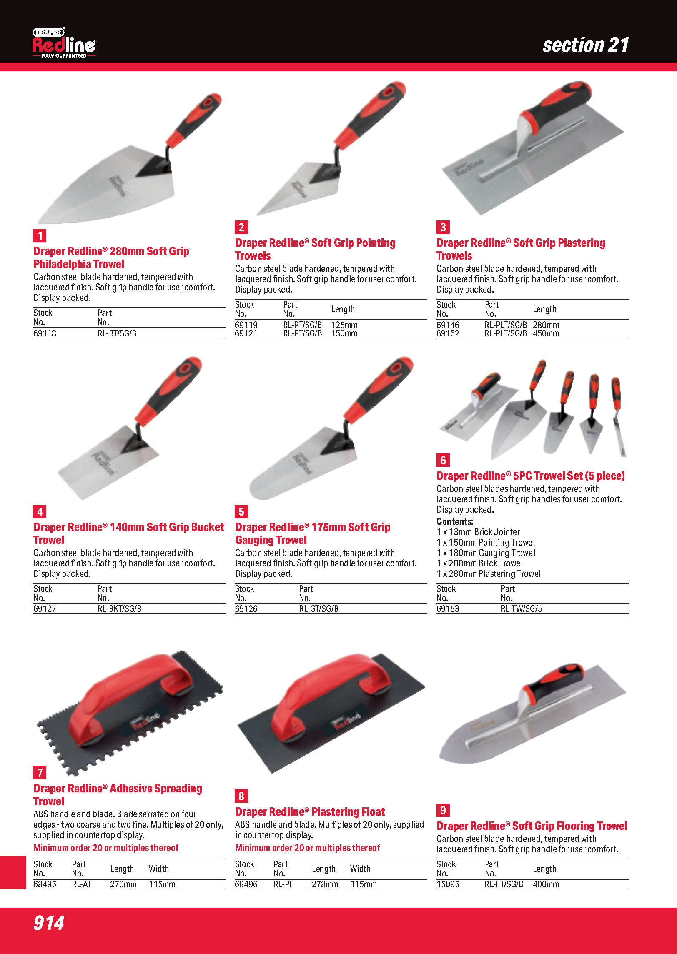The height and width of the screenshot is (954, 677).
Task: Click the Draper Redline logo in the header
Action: [x=64, y=43]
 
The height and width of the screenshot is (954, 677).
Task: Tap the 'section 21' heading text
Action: [x=586, y=45]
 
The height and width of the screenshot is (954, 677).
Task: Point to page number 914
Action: [x=49, y=923]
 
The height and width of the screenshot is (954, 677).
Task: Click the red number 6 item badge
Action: [x=443, y=460]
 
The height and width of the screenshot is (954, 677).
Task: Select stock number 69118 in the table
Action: [x=45, y=333]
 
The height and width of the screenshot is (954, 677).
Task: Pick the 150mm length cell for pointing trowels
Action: [x=344, y=333]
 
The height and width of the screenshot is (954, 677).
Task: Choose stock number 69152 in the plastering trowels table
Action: [x=448, y=333]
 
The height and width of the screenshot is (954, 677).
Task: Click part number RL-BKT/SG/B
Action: [x=120, y=609]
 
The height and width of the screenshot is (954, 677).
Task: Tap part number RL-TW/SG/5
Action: [x=522, y=609]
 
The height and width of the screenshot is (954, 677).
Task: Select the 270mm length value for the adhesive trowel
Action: [x=123, y=884]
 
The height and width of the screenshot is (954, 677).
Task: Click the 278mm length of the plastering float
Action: [x=325, y=884]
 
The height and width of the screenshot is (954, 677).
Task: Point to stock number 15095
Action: [x=448, y=884]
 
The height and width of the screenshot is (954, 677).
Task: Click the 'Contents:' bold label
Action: [x=455, y=521]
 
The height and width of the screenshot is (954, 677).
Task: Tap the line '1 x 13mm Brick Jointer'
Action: [x=479, y=532]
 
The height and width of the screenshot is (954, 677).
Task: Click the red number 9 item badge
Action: [x=443, y=810]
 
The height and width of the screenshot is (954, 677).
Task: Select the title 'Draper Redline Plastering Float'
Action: [x=310, y=812]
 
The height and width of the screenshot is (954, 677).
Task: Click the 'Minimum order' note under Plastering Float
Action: [x=308, y=848]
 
